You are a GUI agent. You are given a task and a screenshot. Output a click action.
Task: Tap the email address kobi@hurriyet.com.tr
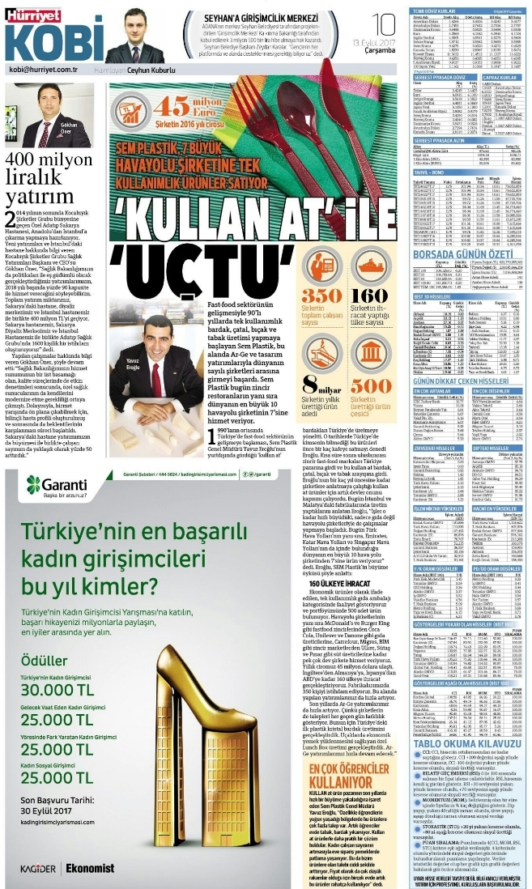point(42,70)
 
